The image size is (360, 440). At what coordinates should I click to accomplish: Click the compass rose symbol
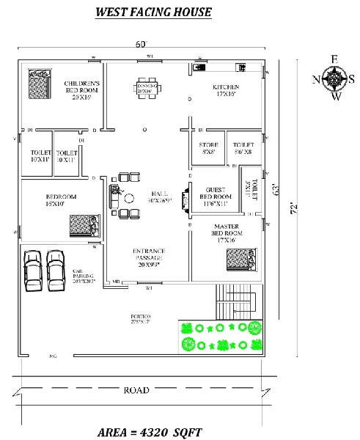point(334,78)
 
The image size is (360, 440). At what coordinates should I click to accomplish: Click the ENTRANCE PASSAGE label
point(148,254)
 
